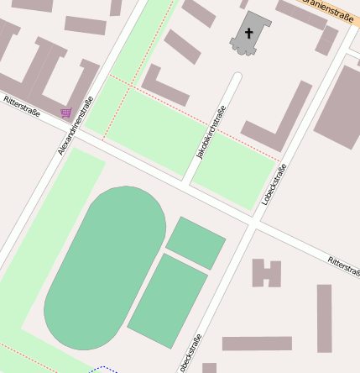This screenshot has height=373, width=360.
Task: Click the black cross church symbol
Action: pyautogui.click(x=248, y=34)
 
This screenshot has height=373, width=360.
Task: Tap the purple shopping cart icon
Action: pyautogui.click(x=65, y=113)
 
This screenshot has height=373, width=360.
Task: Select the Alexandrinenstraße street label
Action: pyautogui.click(x=76, y=126)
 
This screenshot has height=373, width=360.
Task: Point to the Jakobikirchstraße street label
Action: pyautogui.click(x=211, y=133)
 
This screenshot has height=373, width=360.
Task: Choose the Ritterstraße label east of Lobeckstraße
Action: pyautogui.click(x=343, y=265)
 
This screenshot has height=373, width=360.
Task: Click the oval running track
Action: pyautogui.click(x=105, y=267)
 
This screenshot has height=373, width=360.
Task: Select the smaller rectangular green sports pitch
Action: pyautogui.click(x=196, y=242)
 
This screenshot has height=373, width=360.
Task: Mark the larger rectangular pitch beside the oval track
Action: pyautogui.click(x=168, y=301)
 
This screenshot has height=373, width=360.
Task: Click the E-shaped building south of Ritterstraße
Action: pyautogui.click(x=267, y=273)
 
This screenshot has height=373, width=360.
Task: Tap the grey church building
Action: pyautogui.click(x=250, y=32)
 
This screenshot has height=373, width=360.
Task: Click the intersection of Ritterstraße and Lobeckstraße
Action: pyautogui.click(x=253, y=224)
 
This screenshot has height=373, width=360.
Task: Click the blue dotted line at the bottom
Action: pyautogui.click(x=104, y=368)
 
